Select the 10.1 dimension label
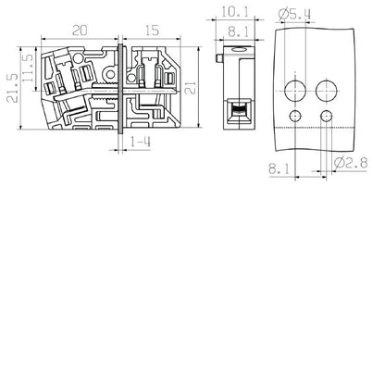click(233, 12)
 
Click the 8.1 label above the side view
click(233, 31)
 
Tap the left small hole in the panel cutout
click(295, 114)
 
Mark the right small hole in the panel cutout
click(327, 114)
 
